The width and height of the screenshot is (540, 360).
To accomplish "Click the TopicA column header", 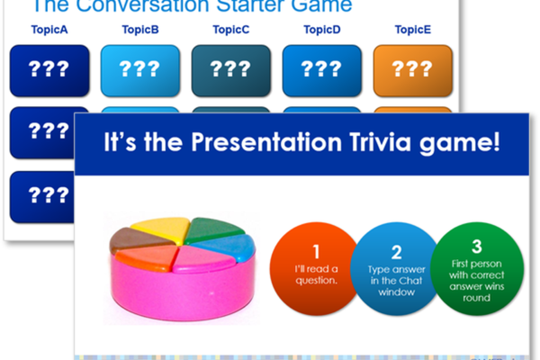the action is (49, 30).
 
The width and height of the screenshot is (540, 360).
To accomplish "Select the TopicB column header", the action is (140, 30).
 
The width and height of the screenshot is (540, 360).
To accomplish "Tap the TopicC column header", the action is (231, 30).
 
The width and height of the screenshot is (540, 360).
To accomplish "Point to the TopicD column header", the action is (322, 30).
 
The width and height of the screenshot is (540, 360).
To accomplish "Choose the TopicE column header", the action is (412, 30).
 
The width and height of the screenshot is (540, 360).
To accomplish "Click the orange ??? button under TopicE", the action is (412, 70).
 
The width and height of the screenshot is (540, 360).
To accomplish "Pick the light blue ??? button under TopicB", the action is (140, 70).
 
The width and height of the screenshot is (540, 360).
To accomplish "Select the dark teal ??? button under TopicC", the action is (231, 70).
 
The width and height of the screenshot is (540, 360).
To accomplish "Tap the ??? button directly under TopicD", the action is (322, 70).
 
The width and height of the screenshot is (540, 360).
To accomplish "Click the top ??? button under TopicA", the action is (49, 70).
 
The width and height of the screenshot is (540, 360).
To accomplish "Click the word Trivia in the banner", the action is (381, 142).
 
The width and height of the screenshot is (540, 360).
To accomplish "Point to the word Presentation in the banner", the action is (266, 142).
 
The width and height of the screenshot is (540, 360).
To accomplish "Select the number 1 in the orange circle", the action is (316, 251).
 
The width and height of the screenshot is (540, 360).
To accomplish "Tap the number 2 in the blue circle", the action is (396, 252).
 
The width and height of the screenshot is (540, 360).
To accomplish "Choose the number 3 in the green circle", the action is (477, 247).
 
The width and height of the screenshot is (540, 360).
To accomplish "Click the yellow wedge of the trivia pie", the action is (161, 229).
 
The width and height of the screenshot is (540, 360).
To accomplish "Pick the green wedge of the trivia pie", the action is (213, 229).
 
